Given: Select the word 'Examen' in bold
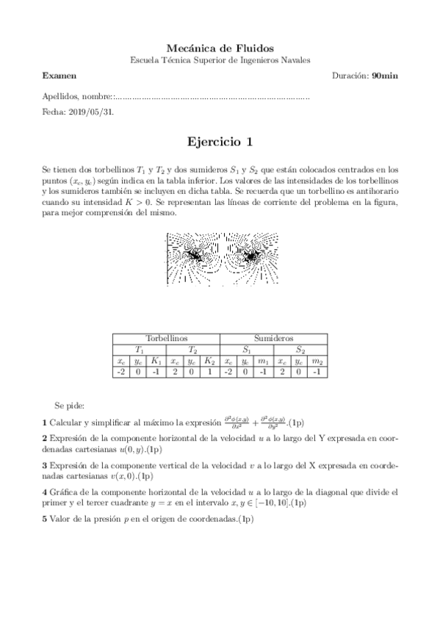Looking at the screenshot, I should tap(59, 76).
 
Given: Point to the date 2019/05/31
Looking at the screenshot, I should tap(89, 112).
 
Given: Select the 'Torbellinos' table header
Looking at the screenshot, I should tap(166, 338).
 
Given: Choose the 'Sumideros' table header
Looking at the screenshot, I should tap(273, 338).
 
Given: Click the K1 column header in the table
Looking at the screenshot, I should tap(156, 361).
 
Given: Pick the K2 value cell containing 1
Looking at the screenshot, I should tap(209, 372).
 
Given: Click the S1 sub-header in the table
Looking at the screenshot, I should tap(247, 350).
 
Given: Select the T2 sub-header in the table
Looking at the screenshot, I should tap(192, 350).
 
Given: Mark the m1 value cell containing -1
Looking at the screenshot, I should tap(263, 372).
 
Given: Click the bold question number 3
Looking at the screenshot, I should tap(45, 465).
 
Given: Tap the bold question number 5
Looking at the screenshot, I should tap(45, 519).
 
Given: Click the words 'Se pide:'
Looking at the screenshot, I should tap(70, 405).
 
